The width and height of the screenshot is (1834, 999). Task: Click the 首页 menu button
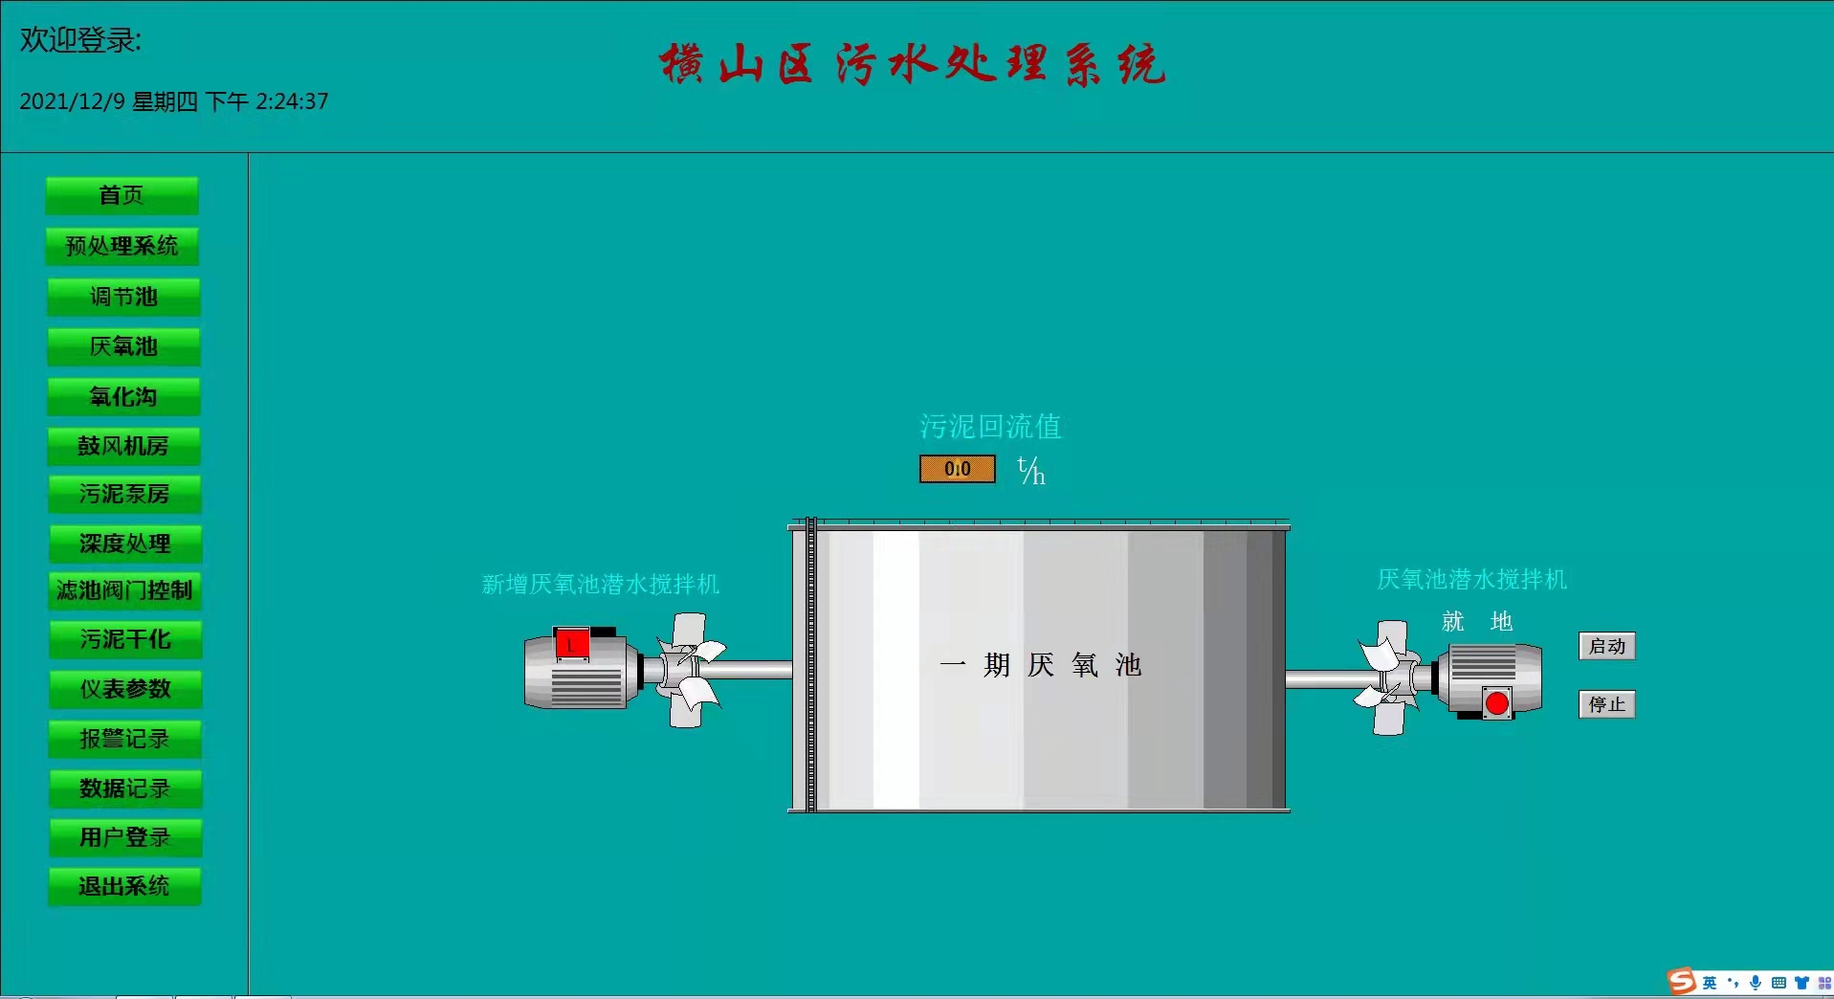[122, 195]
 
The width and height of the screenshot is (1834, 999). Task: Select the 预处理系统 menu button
[122, 246]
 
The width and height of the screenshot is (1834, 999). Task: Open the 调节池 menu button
[123, 297]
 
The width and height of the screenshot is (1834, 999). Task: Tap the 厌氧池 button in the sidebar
[123, 346]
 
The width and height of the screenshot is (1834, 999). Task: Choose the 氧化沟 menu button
[123, 396]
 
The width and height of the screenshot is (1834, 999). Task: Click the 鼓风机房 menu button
[123, 446]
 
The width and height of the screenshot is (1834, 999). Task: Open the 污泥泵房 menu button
[124, 494]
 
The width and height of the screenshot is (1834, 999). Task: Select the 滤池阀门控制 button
[124, 590]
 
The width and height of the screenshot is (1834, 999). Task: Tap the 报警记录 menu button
[125, 739]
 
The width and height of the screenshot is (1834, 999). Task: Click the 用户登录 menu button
[125, 837]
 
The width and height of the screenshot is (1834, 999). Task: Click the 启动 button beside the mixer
[1606, 646]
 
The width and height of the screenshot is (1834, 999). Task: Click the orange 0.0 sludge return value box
[957, 469]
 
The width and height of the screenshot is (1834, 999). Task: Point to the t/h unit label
[1030, 470]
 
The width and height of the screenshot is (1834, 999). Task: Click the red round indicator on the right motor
[1496, 704]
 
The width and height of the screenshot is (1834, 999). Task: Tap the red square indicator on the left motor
[572, 644]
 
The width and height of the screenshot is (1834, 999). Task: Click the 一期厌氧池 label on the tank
[1040, 665]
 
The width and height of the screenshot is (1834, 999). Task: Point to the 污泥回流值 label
[990, 426]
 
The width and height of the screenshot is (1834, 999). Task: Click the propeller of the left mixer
[690, 669]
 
